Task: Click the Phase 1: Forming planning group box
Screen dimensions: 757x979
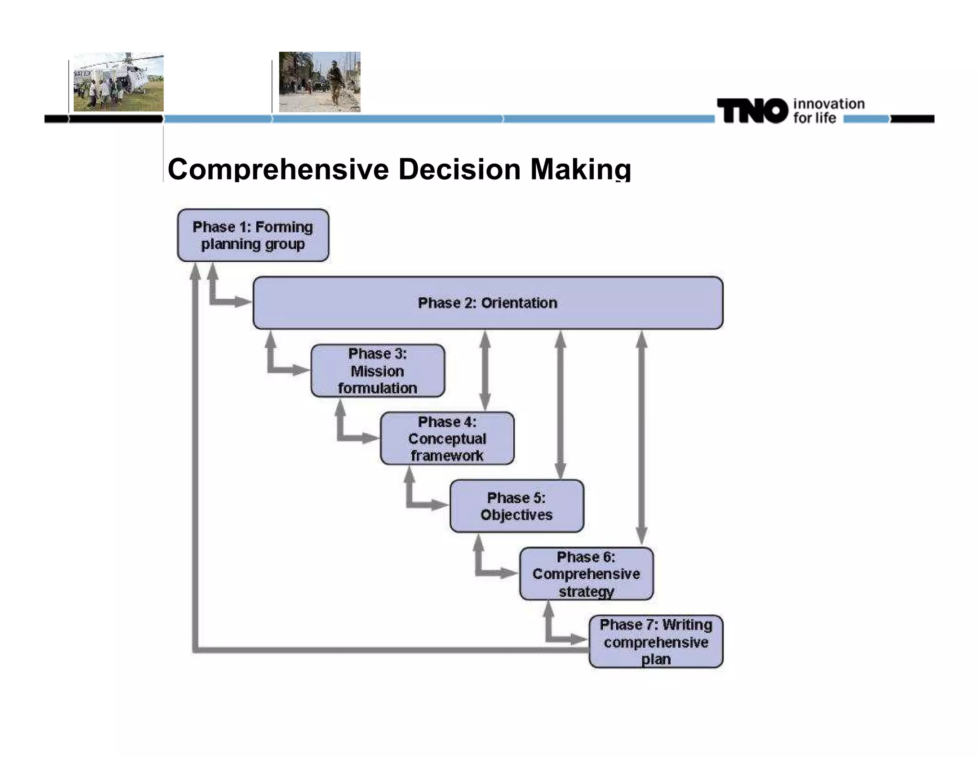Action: tap(253, 235)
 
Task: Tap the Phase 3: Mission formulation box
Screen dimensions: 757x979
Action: tap(378, 370)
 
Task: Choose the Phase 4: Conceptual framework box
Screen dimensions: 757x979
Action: tap(447, 438)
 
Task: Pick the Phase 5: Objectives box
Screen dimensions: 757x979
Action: tap(516, 506)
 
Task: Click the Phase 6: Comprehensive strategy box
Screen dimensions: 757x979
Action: tap(586, 574)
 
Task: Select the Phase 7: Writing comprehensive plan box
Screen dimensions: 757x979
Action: tap(656, 641)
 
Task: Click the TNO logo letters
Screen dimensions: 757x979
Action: tap(752, 111)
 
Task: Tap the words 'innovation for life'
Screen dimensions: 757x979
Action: tap(828, 111)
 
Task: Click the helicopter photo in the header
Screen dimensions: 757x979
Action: tap(119, 82)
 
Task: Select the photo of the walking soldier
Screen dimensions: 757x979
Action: tap(319, 82)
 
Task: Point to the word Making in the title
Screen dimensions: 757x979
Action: tap(580, 169)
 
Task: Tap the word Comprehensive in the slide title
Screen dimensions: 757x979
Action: tap(278, 169)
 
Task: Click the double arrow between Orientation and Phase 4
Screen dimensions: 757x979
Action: tap(485, 370)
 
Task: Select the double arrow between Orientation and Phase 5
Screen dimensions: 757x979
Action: tap(560, 404)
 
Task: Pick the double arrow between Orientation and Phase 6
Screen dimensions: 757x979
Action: tap(642, 438)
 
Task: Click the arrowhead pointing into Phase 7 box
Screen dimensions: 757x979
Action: tap(579, 639)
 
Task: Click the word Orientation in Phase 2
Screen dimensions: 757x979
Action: tap(519, 303)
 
